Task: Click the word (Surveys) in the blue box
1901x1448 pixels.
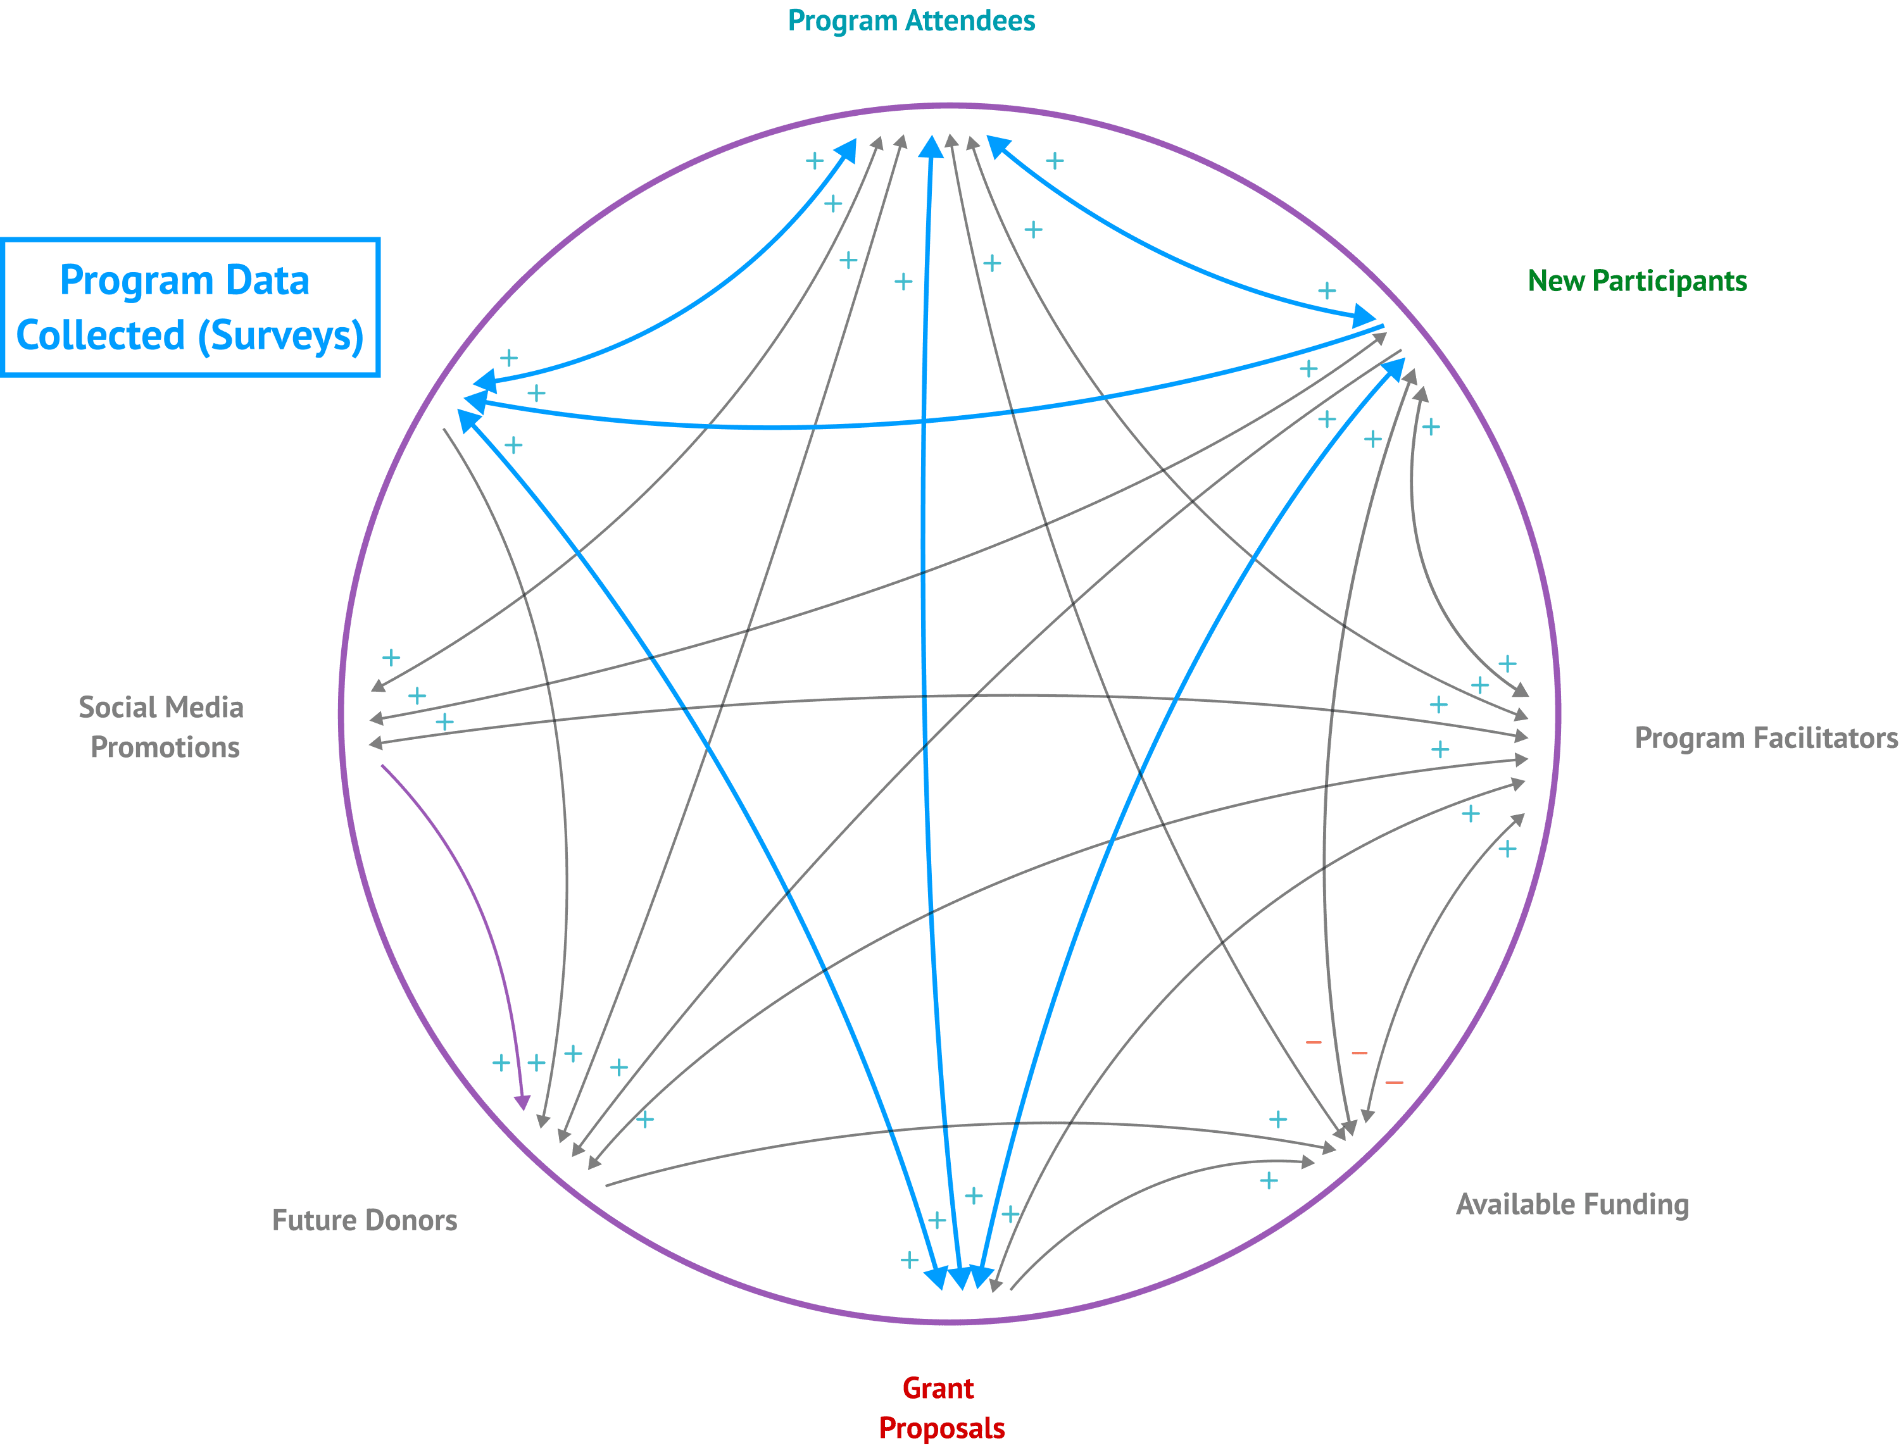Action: point(281,335)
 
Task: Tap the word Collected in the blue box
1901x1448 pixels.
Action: point(101,335)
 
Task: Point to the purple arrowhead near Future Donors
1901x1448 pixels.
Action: point(522,1103)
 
